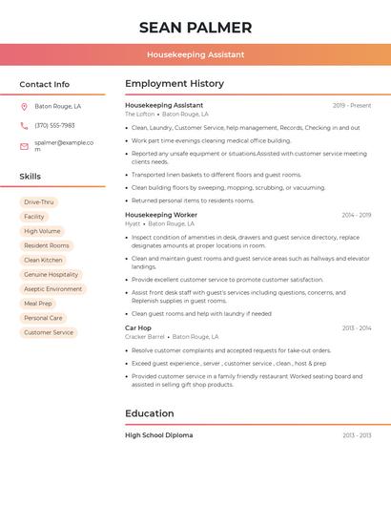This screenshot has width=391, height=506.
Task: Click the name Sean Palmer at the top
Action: pos(195,28)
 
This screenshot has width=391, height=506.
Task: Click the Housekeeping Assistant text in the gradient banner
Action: pos(195,55)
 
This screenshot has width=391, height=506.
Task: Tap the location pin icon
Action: pos(24,107)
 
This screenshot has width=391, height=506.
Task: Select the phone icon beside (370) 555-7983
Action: pos(24,126)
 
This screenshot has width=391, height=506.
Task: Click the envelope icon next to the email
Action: pos(24,146)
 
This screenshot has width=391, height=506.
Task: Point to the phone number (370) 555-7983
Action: pos(54,126)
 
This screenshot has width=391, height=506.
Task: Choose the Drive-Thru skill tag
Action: pos(39,202)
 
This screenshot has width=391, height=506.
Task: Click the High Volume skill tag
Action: pos(42,231)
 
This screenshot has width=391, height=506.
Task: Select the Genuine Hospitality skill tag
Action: pos(51,275)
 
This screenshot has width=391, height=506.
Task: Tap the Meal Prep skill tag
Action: pos(38,304)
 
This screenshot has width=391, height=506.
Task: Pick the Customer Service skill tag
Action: pos(49,332)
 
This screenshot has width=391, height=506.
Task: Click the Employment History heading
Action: pos(175,84)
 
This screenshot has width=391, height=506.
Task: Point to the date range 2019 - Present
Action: pos(352,105)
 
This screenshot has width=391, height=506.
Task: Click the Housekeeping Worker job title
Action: pos(161,215)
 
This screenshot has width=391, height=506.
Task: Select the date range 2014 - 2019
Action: pos(357,215)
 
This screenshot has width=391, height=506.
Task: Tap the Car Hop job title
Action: pos(138,327)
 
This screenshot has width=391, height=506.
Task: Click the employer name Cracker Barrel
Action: pos(145,337)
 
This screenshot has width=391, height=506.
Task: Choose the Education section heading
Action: pos(150,413)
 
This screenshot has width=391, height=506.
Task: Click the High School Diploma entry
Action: pos(159,435)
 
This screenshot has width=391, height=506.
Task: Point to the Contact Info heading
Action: pos(45,84)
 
